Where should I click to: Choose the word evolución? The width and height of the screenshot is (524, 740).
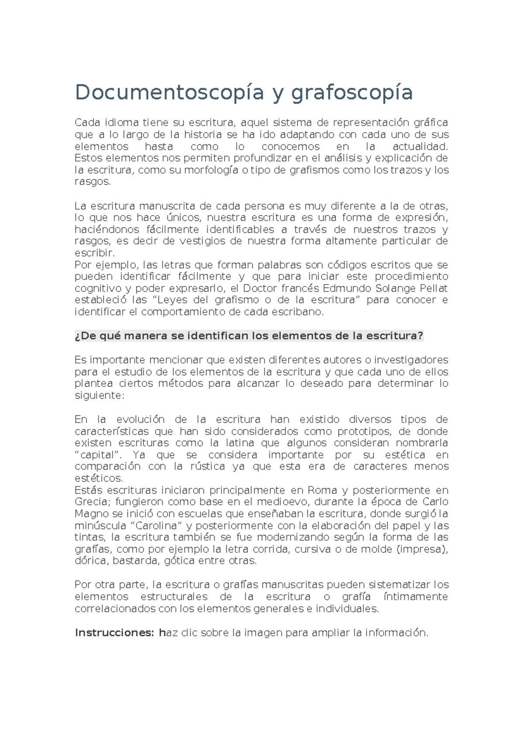pos(141,419)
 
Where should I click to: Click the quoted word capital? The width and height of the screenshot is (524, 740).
pos(100,455)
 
